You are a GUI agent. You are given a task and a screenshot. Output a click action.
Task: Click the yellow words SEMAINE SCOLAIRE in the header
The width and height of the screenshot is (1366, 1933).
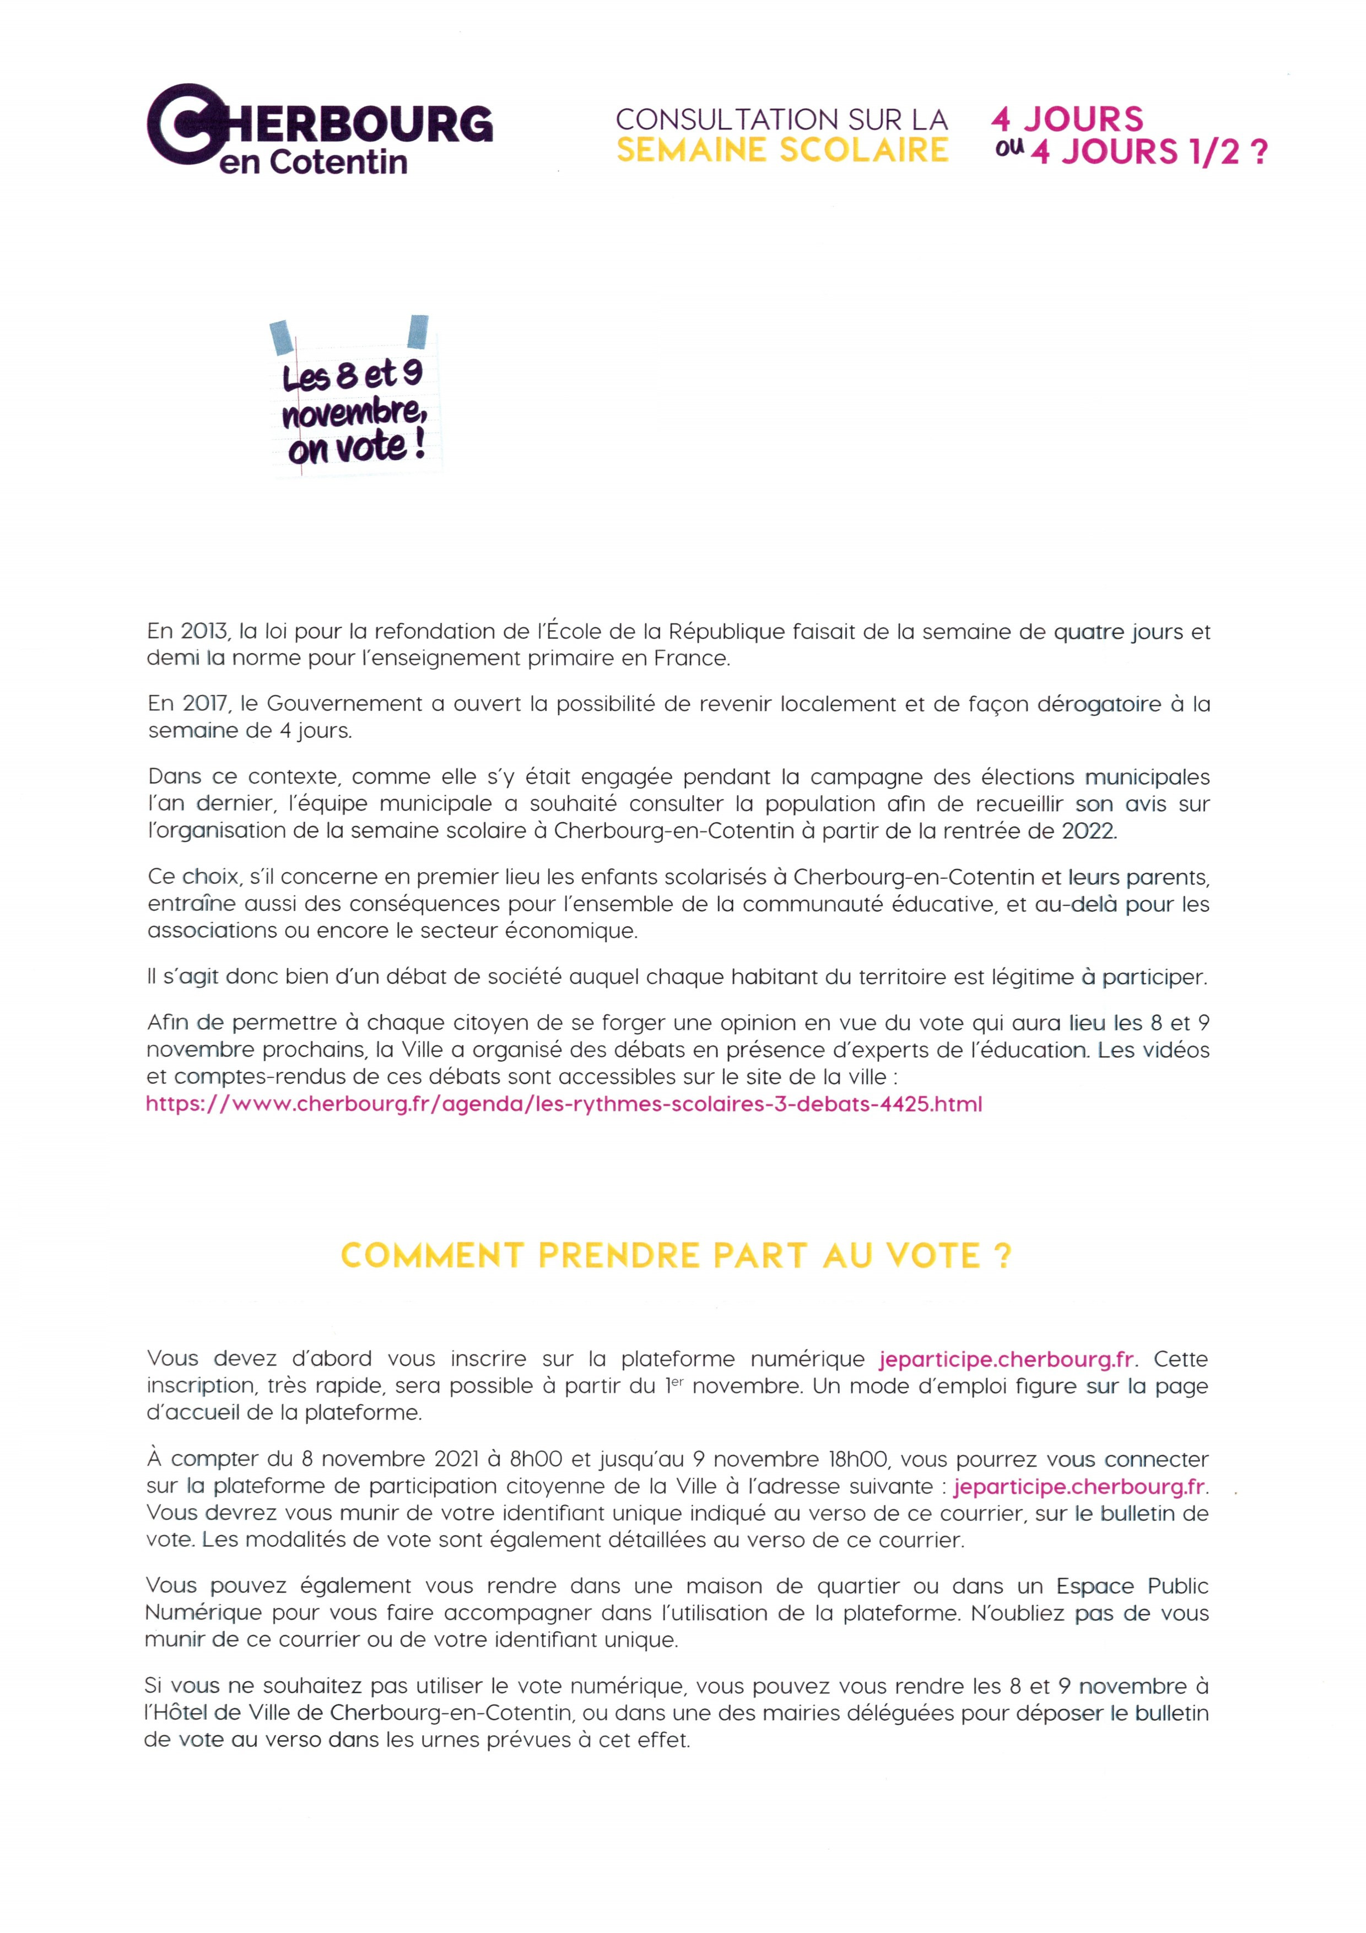[782, 150]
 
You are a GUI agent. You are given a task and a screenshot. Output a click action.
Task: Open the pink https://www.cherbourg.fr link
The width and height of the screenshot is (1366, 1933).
[563, 1103]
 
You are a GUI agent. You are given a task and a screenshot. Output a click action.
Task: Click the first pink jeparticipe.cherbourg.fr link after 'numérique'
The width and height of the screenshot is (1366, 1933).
[1007, 1359]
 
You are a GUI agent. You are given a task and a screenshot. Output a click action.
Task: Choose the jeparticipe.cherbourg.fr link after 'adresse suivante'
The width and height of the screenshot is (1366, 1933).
[1080, 1486]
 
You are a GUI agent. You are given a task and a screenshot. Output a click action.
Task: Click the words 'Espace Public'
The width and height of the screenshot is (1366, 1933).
[1132, 1586]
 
